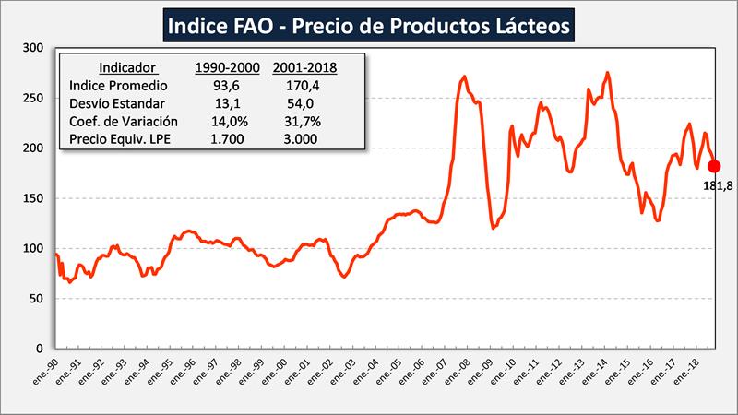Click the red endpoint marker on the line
pos(714,166)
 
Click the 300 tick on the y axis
pos(32,48)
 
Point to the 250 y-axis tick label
pos(32,98)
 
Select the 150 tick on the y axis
pos(32,198)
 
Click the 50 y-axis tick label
pos(36,299)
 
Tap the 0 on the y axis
pos(40,349)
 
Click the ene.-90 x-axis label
pos(46,371)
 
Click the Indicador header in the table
pos(128,67)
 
